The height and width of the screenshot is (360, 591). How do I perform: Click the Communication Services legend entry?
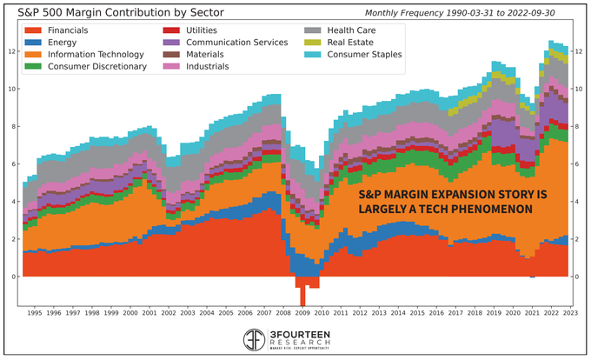click(229, 42)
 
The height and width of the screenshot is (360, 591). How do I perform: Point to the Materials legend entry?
click(200, 54)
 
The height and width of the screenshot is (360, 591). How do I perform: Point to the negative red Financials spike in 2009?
click(302, 296)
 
